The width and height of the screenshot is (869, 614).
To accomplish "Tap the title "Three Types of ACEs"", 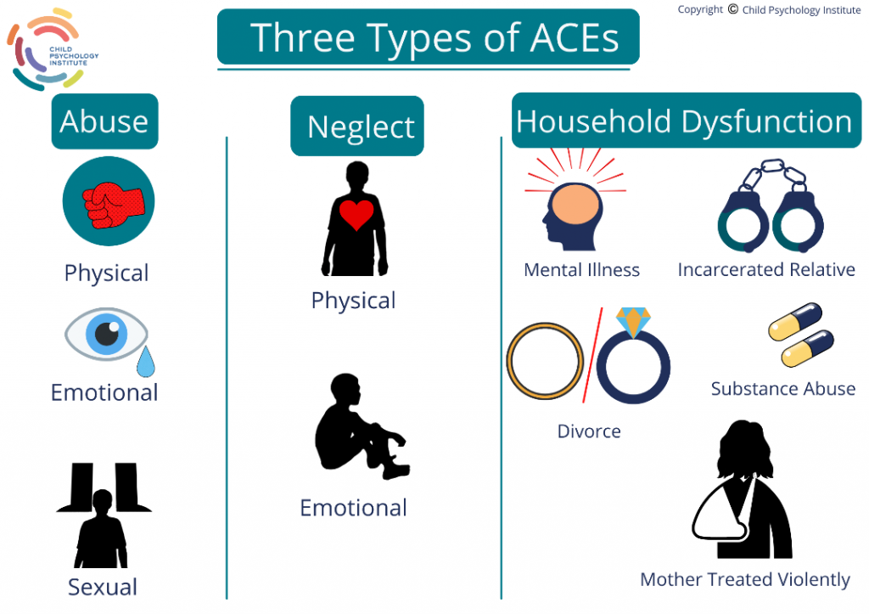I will [429, 37].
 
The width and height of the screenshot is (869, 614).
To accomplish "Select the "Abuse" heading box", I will [104, 121].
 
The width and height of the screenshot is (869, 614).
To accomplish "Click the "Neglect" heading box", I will [357, 127].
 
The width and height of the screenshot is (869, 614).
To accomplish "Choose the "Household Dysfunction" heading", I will [684, 121].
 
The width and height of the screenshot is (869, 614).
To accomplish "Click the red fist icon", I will [109, 201].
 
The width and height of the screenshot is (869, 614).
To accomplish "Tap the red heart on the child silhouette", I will [356, 215].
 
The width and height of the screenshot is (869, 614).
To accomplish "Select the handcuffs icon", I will [771, 207].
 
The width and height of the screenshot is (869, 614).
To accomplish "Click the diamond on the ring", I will [633, 321].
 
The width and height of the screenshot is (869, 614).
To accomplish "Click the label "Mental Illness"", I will [582, 270].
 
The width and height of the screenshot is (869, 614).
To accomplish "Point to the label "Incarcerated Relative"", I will [766, 270].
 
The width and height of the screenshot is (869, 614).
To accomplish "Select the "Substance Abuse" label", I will [783, 389].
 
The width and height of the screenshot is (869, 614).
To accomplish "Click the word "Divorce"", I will [589, 431].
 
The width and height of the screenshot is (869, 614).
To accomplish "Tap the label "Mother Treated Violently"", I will [744, 580].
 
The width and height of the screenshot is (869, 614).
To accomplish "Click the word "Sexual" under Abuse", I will [103, 587].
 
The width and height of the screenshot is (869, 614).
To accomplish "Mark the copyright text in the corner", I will [769, 10].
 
